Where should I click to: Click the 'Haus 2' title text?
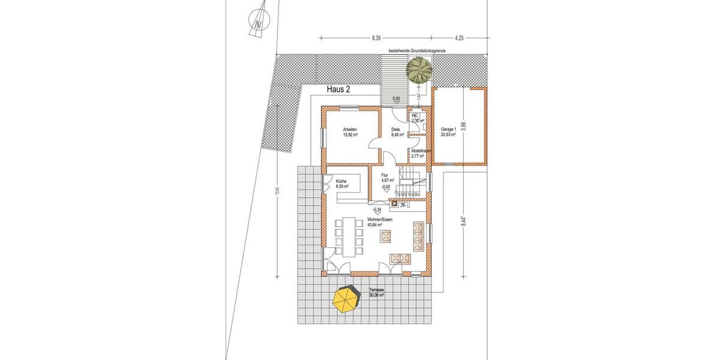(x=338, y=89)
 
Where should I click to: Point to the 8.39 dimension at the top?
(x=376, y=38)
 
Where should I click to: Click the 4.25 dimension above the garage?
(x=459, y=38)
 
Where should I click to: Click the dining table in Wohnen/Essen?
(x=348, y=234)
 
